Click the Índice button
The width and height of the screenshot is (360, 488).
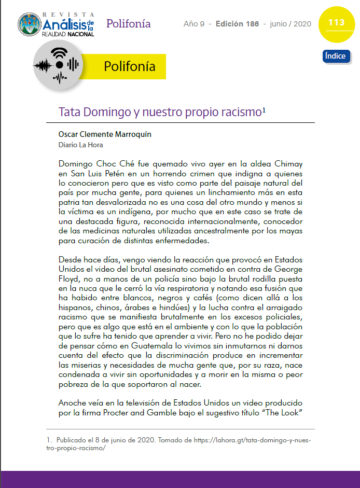335,56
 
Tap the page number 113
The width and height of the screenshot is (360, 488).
336,23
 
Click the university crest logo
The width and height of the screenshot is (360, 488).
30,25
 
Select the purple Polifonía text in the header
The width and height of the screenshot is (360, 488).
128,23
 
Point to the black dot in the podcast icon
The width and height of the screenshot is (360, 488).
59,64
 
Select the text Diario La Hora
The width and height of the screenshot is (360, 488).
80,145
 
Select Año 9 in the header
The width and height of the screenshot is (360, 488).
194,24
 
